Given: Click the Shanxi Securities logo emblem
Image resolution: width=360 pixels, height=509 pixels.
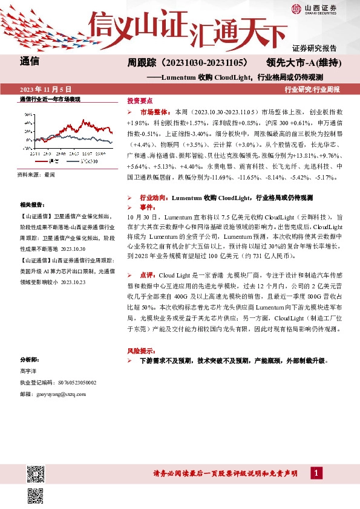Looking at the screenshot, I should [296, 8].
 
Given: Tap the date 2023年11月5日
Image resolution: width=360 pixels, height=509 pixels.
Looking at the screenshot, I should [46, 89].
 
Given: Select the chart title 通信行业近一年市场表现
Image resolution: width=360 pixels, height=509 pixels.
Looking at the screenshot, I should [50, 99].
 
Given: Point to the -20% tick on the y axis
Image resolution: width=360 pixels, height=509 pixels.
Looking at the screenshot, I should [28, 147].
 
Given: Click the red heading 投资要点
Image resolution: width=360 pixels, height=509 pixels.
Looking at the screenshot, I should [140, 100].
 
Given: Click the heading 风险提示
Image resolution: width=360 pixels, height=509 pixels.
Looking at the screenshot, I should [140, 350].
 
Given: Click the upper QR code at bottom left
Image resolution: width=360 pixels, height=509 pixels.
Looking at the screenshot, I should [35, 473].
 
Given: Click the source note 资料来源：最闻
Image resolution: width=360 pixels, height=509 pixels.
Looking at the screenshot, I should [36, 175].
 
